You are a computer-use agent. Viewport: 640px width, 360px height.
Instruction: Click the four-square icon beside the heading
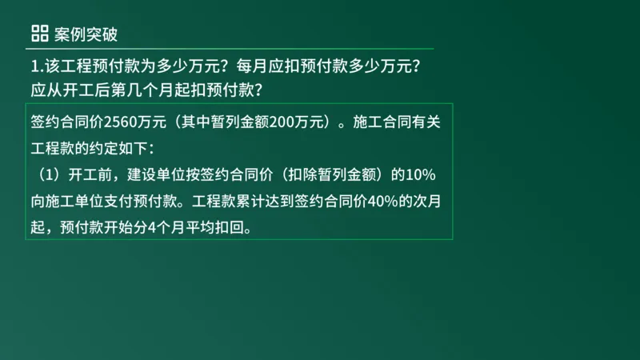tap(39, 34)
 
